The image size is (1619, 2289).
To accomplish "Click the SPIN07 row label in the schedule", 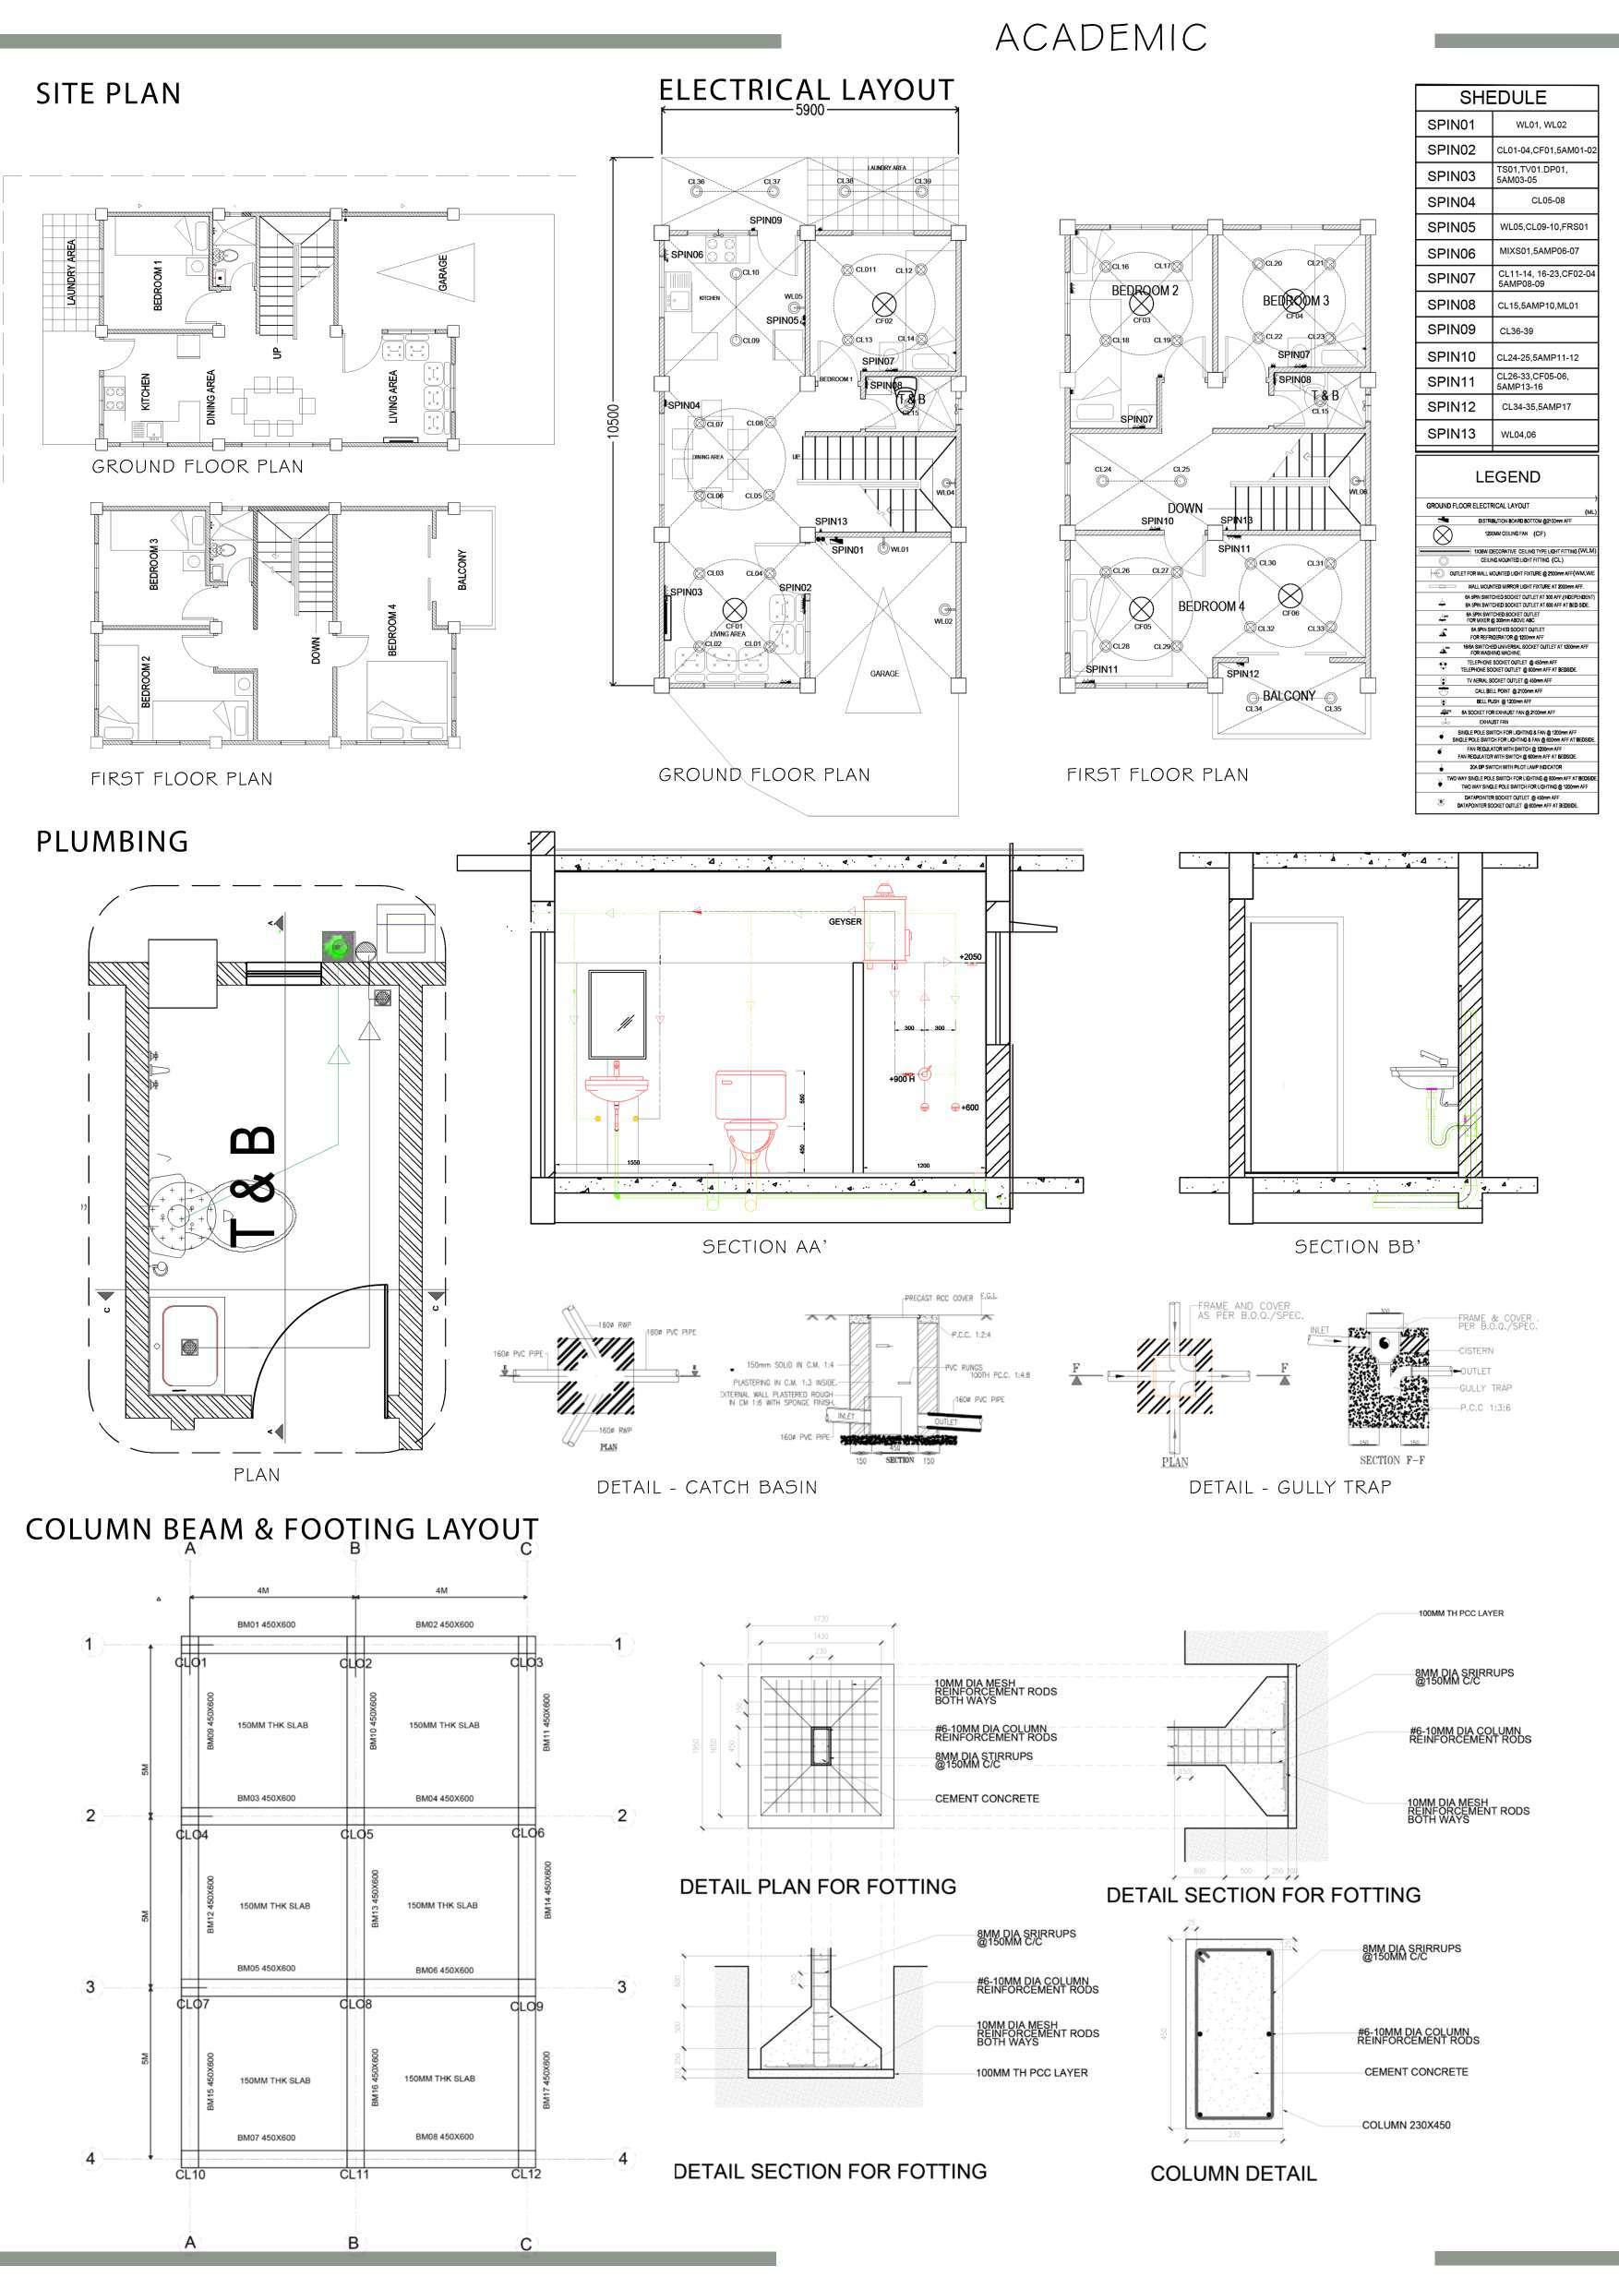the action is coord(1450,278).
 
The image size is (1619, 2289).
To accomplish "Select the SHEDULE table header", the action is coord(1503,98).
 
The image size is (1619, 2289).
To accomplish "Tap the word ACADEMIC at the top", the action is coord(1100,39).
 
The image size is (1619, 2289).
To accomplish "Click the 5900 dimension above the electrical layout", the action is coord(809,111).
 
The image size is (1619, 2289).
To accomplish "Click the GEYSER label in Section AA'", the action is coord(845,921).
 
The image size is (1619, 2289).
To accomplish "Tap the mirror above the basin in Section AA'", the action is coord(618,1014).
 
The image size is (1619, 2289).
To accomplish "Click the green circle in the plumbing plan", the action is coord(337,944).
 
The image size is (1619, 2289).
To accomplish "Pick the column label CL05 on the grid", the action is coord(357,1834).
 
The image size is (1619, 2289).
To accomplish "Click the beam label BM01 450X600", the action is coord(265,1624).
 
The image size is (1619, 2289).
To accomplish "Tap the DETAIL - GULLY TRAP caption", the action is coord(1290,1486).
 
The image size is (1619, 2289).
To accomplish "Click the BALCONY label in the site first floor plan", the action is coord(462,569).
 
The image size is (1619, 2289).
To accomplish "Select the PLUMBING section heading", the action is coord(113,842).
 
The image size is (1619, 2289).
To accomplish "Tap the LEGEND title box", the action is coord(1507,476).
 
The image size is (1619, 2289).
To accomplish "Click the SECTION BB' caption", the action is coord(1357,1246).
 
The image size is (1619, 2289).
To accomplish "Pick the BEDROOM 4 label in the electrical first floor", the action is coord(1211,606).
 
